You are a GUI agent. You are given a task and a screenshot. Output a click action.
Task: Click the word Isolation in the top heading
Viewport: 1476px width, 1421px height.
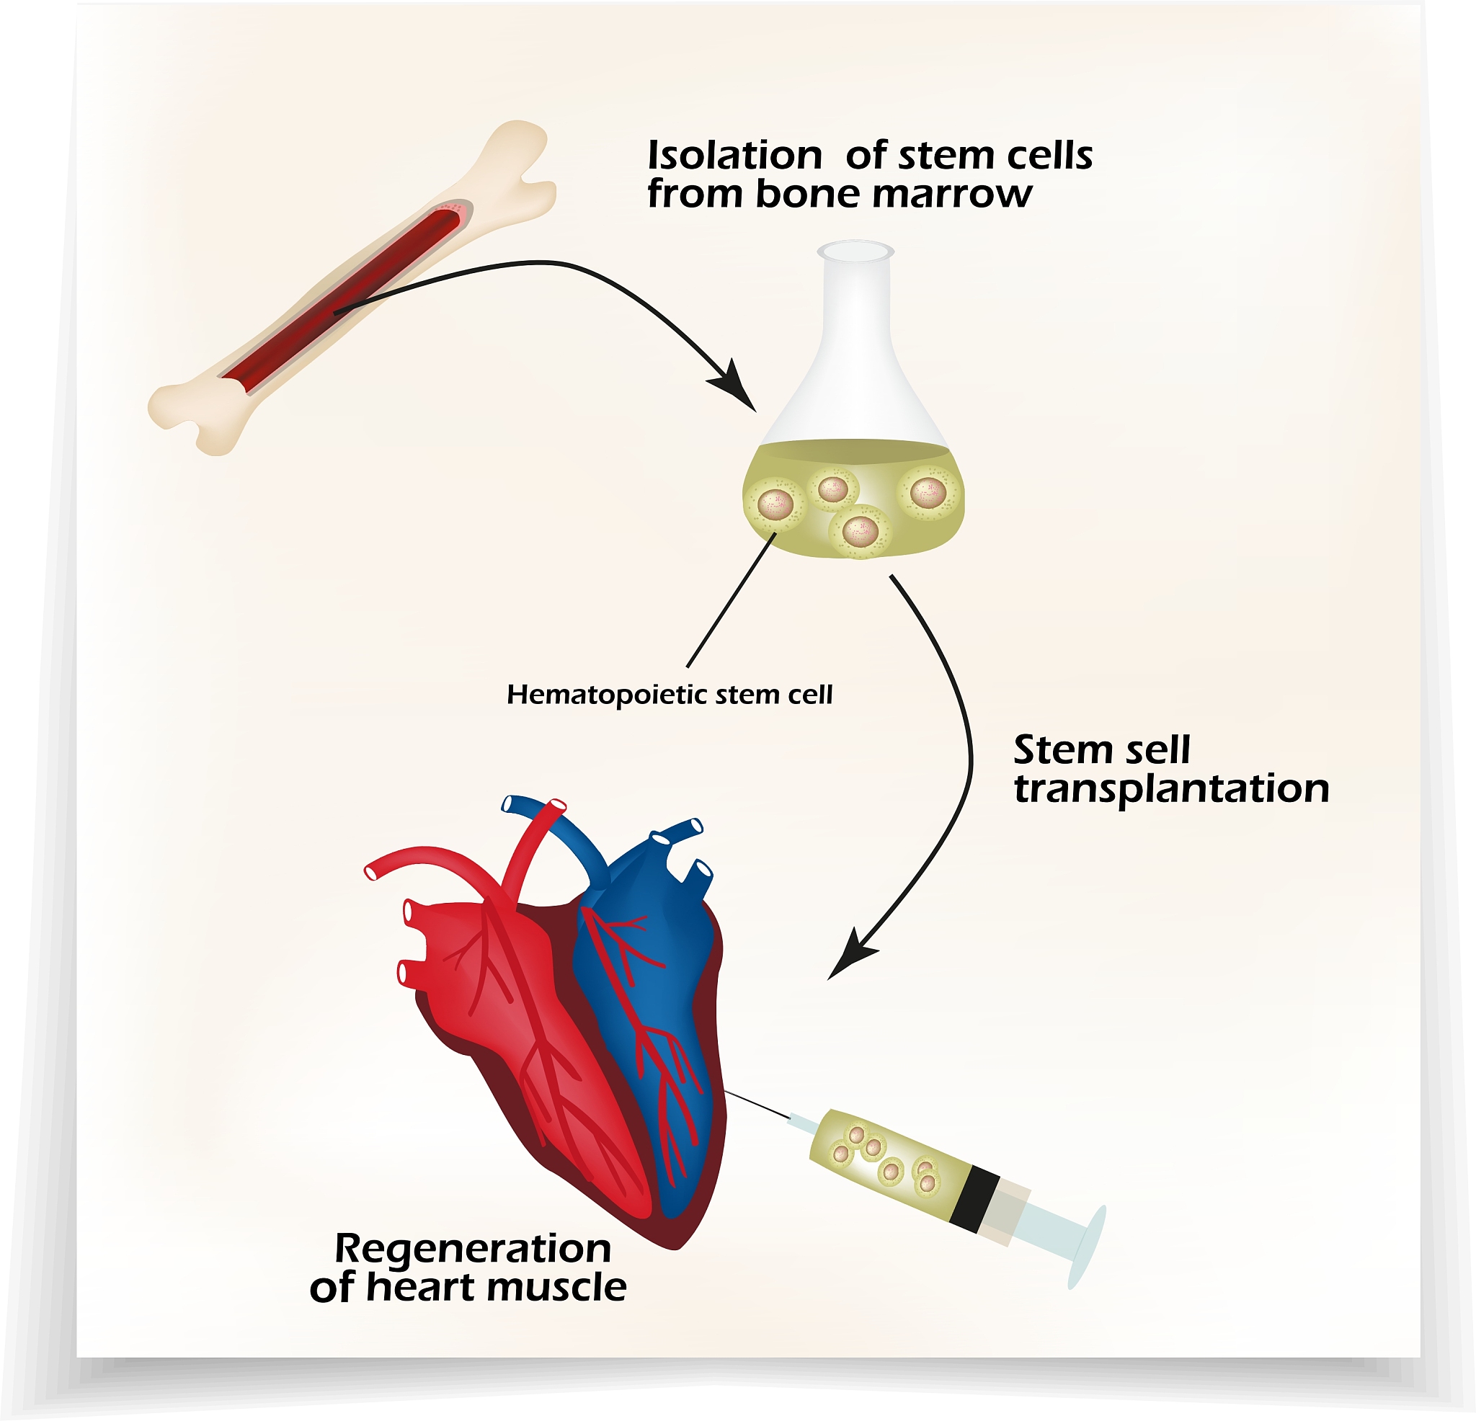tap(734, 156)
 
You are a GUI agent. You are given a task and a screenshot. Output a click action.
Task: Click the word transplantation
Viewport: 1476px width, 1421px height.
tap(1171, 789)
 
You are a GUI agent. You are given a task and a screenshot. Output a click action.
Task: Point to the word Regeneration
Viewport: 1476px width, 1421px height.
tap(472, 1249)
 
